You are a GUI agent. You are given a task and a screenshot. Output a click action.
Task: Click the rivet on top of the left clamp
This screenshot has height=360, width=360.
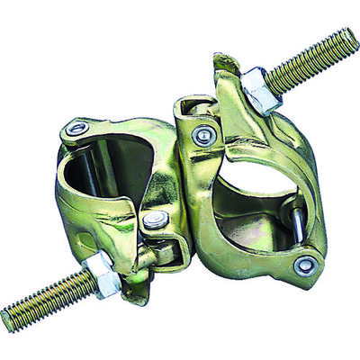coord(76,129)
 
